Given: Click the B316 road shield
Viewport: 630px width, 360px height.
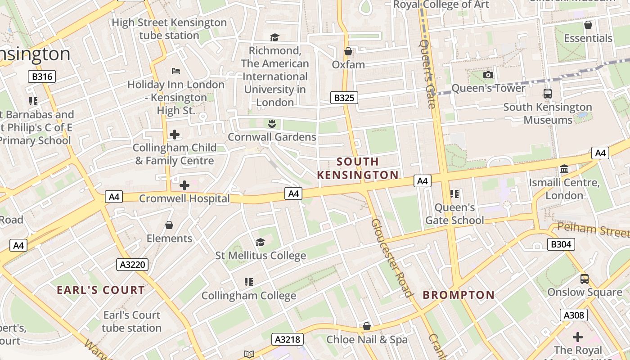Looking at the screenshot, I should coord(42,76).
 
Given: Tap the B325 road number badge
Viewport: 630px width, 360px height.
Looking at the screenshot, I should coord(344,98).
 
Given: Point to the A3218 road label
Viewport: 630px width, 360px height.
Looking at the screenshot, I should coord(288,339).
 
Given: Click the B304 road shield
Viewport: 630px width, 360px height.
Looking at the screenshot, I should coord(561,244).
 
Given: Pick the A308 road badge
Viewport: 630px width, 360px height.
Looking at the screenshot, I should coord(574,315).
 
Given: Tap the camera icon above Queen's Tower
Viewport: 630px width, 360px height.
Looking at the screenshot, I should coord(488,75).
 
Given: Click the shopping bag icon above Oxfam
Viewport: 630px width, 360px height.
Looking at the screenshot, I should coord(348,52).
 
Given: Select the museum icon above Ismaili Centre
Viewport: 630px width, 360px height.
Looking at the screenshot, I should coord(564,170).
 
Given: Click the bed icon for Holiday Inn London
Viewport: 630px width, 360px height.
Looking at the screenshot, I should coord(176,71).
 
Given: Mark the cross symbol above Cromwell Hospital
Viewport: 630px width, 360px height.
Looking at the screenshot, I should coord(184,185).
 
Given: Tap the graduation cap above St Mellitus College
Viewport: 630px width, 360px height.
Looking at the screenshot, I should coord(260,243).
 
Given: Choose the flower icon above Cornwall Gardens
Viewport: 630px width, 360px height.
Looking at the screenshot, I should coord(271,123).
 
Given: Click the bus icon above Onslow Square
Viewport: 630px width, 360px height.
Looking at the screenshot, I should coord(584,279).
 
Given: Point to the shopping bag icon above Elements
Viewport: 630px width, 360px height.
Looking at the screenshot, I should coord(169,225).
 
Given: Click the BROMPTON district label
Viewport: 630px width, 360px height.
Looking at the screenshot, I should coord(459,295).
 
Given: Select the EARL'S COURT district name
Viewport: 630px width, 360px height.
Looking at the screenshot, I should coord(101,290).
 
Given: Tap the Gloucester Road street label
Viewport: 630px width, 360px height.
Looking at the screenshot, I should coord(391,258).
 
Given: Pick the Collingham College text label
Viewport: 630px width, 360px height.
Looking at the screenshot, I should coord(248,296).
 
